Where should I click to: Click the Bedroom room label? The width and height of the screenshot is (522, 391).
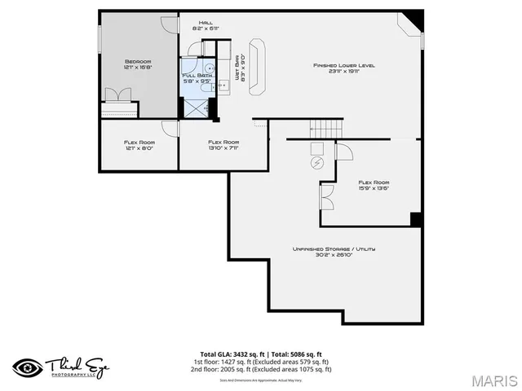(138, 64)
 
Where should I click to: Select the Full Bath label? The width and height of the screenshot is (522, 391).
(196, 77)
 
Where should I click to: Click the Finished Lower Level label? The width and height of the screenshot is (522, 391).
(343, 68)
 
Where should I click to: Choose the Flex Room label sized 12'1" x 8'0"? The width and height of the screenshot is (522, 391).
(138, 145)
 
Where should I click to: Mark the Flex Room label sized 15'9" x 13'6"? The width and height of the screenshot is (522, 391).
(374, 185)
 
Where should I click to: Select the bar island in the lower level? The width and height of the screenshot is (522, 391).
(258, 63)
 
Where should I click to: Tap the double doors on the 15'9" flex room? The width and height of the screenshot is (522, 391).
(326, 196)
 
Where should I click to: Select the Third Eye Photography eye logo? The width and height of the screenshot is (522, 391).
(27, 367)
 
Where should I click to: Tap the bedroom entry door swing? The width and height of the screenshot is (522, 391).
(169, 23)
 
